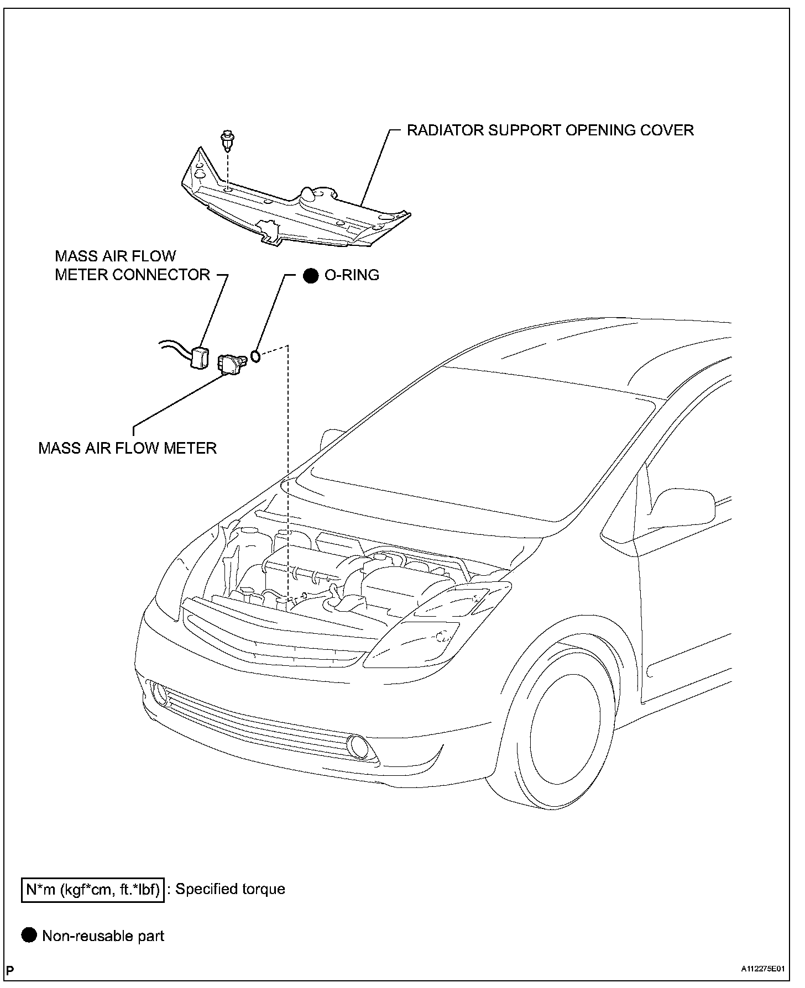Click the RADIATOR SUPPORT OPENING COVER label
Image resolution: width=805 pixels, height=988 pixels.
(550, 130)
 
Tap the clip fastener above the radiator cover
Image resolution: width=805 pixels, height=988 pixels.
(227, 140)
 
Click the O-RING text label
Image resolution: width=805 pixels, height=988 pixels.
(352, 275)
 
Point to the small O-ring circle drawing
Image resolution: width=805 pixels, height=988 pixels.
(255, 356)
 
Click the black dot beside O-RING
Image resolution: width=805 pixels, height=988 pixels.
(311, 276)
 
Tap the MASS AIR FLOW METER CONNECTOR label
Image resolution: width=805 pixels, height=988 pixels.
(132, 265)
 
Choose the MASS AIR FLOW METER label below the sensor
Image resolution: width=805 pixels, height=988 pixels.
(127, 448)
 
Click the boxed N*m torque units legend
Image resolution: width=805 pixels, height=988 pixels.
(93, 890)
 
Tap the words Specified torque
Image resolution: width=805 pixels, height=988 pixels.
(230, 889)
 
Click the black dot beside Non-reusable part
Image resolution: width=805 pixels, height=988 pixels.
(30, 936)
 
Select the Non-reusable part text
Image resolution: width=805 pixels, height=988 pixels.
(103, 936)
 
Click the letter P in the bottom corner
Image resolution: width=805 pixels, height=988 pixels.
(11, 970)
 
